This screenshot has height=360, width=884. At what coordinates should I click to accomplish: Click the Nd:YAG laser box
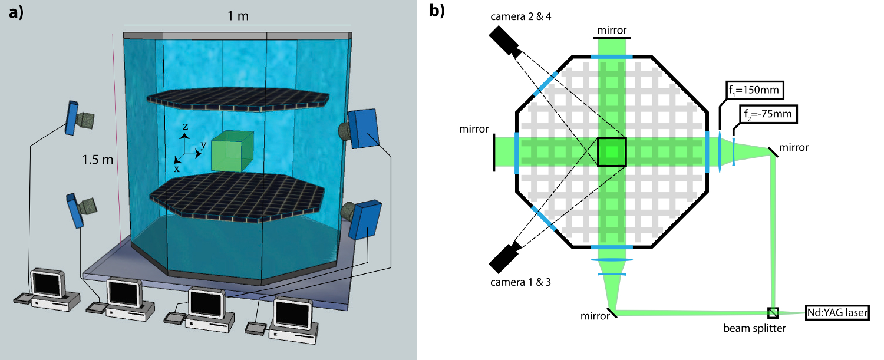pyautogui.click(x=837, y=313)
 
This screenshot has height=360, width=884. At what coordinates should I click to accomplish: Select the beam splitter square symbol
pyautogui.click(x=773, y=313)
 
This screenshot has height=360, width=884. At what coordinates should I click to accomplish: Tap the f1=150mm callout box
pyautogui.click(x=755, y=90)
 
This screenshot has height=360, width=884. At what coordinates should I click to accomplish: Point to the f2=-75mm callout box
pyautogui.click(x=768, y=114)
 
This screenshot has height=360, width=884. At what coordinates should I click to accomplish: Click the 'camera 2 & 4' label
pyautogui.click(x=520, y=16)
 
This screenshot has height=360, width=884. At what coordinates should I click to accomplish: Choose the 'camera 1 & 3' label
pyautogui.click(x=520, y=282)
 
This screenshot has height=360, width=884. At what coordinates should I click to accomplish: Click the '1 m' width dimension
pyautogui.click(x=238, y=16)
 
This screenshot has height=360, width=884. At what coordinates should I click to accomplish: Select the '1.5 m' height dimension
pyautogui.click(x=97, y=160)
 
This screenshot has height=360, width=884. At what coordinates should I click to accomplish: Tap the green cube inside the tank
pyautogui.click(x=232, y=151)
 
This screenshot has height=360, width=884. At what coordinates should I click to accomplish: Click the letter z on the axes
pyautogui.click(x=185, y=126)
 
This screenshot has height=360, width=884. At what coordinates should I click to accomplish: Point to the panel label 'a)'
pyautogui.click(x=16, y=12)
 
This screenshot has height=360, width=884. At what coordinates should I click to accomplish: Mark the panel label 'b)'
pyautogui.click(x=437, y=11)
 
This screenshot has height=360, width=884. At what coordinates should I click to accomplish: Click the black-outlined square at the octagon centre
pyautogui.click(x=611, y=151)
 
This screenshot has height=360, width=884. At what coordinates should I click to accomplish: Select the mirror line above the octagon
pyautogui.click(x=612, y=38)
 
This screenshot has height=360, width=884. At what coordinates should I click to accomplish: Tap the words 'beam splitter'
pyautogui.click(x=754, y=328)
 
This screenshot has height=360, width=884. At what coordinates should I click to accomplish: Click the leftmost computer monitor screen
pyautogui.click(x=47, y=283)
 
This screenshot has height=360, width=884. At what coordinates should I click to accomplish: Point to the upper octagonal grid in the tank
pyautogui.click(x=238, y=99)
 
